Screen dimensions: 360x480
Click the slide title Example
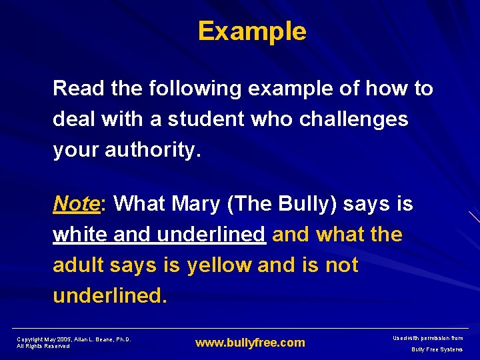click(x=252, y=31)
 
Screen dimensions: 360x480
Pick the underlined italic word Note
click(x=76, y=203)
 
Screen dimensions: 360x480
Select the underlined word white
click(x=81, y=235)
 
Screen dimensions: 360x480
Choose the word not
click(x=342, y=265)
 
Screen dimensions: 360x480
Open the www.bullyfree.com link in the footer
click(x=250, y=343)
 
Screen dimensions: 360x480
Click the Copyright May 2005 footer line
click(x=74, y=339)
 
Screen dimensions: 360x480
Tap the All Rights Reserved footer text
click(x=43, y=346)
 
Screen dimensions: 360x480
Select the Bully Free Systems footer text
click(x=437, y=349)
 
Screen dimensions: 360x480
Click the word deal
click(x=74, y=119)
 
